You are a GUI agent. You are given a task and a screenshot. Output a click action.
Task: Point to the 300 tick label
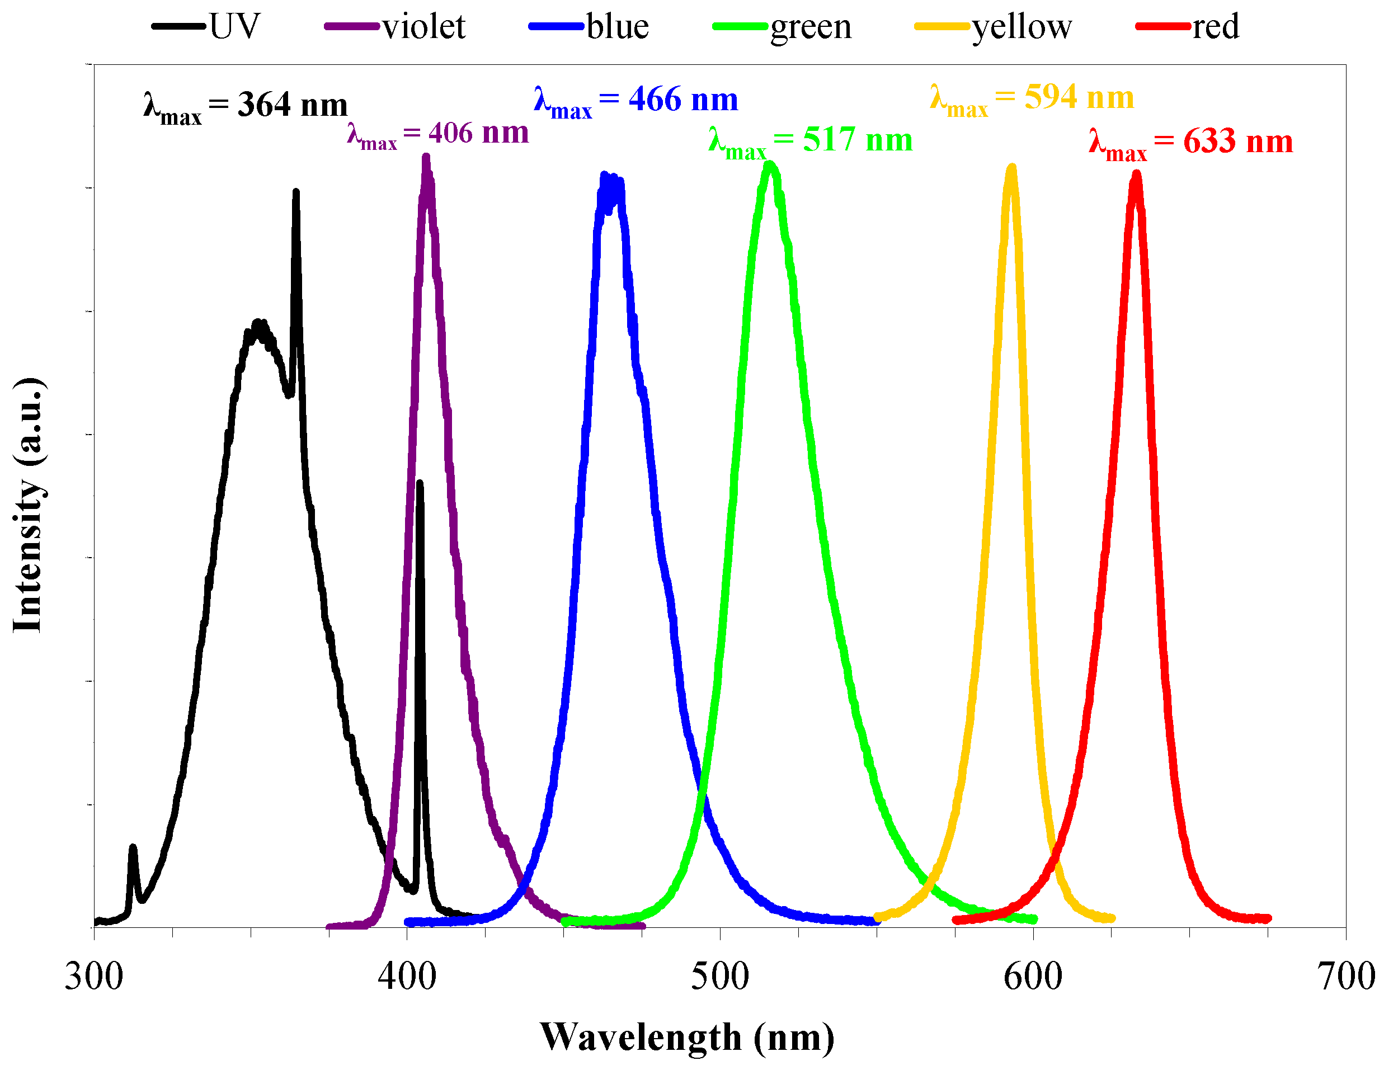point(94,977)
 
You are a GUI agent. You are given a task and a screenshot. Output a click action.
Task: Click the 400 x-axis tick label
point(407,977)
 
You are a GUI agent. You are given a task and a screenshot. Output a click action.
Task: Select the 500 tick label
point(719,977)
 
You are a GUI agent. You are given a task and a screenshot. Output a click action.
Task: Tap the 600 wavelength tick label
point(1033,977)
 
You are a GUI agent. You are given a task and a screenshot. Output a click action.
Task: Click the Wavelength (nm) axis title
point(688,1038)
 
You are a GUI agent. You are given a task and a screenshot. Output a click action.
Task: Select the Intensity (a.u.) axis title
point(28,505)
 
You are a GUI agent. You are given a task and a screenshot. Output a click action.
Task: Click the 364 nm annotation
point(246,106)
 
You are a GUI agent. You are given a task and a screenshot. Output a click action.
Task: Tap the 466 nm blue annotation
point(636,101)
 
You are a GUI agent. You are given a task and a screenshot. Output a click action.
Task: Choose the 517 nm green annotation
point(811,142)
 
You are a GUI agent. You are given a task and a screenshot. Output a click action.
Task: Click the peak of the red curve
point(1136,174)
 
